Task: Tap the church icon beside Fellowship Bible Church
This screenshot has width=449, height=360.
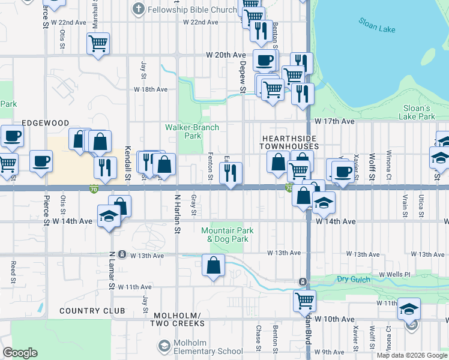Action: click(139, 10)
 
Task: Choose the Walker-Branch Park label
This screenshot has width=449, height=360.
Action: click(192, 131)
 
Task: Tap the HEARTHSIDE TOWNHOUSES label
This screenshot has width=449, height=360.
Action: click(289, 142)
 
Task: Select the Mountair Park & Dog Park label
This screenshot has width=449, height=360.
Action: click(227, 235)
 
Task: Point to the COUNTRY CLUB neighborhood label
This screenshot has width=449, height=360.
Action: click(92, 311)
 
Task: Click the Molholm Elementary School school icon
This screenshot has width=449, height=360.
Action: click(164, 346)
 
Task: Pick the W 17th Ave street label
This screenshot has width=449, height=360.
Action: click(334, 121)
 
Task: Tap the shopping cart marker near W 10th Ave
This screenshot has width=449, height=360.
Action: click(305, 299)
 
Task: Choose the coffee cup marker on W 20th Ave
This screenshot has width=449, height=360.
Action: click(264, 59)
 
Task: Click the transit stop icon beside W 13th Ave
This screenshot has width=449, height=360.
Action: click(122, 254)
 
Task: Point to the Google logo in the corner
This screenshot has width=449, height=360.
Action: click(20, 353)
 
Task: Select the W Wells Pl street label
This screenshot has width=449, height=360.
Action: click(394, 274)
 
